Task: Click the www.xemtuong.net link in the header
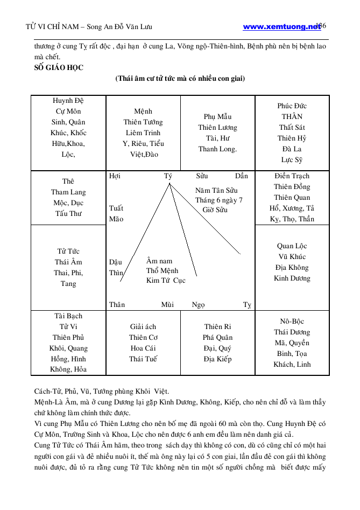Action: (281, 26)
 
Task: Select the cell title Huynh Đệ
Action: (68, 101)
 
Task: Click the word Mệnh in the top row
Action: (143, 111)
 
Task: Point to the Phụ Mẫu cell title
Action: (217, 117)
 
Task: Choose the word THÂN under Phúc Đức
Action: (292, 117)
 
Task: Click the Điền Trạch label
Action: (292, 176)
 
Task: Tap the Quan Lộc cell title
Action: (292, 246)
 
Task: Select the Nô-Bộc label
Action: (292, 322)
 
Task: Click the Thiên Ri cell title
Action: (217, 327)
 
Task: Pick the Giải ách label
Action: (143, 327)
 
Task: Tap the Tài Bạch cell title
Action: (68, 316)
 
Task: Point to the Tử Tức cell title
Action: (68, 251)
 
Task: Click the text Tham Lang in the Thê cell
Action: (68, 192)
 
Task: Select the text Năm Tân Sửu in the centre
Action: (216, 190)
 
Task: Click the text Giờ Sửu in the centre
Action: (215, 210)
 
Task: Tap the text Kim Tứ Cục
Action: (166, 281)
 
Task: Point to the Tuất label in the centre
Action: (116, 208)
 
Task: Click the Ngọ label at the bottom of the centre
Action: (199, 305)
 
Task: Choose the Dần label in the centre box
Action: (242, 176)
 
